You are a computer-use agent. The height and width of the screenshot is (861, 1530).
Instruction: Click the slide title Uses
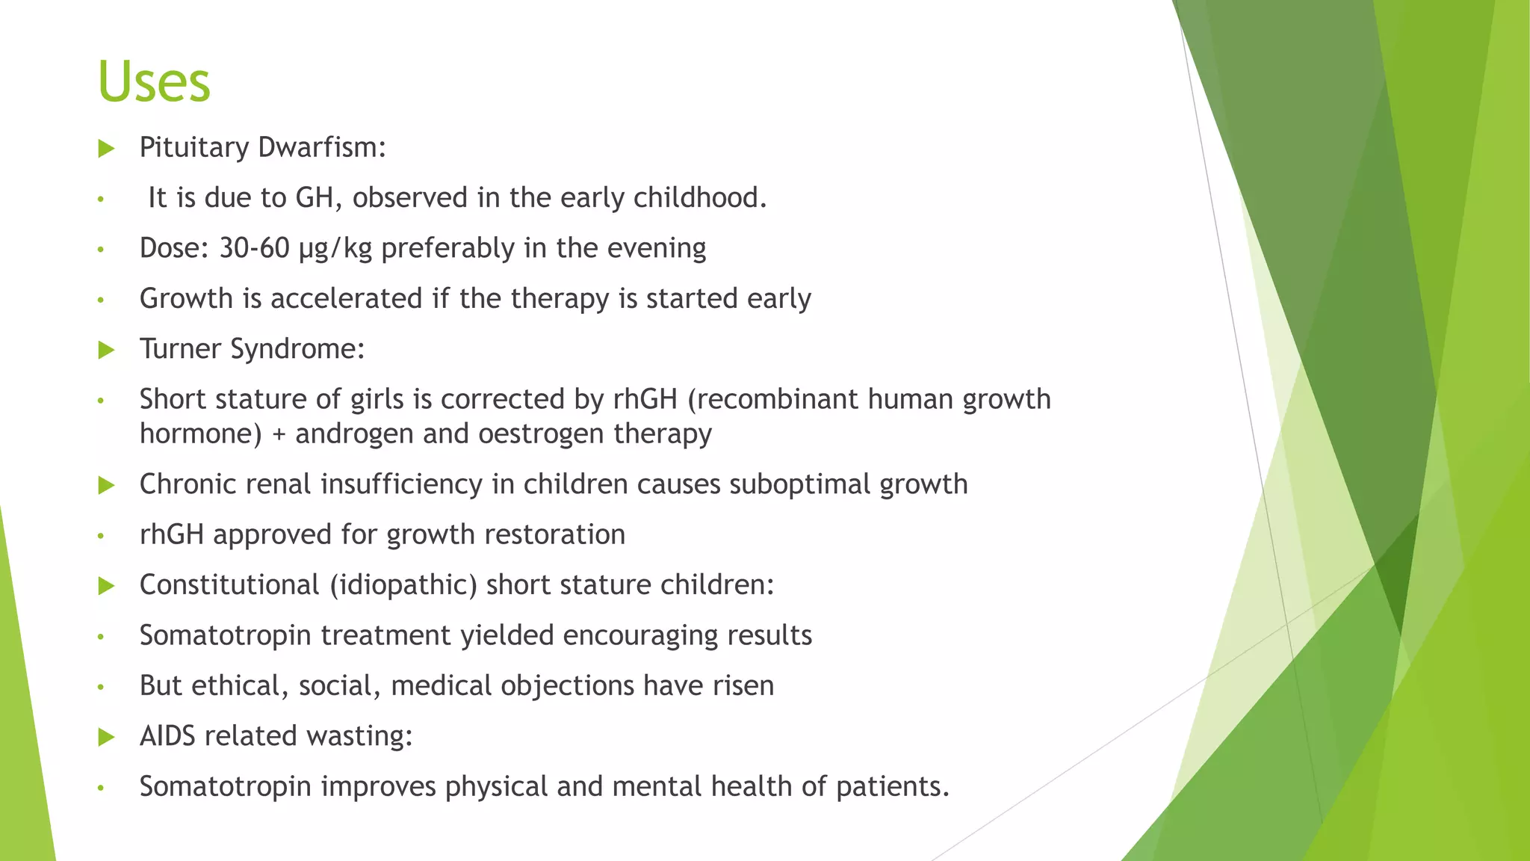(x=154, y=81)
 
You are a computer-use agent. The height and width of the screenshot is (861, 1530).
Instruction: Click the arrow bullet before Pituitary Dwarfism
(x=106, y=148)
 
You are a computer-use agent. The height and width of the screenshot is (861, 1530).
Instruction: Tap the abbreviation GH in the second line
(x=315, y=198)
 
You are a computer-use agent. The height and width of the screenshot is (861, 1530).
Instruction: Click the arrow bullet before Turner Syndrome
(x=106, y=350)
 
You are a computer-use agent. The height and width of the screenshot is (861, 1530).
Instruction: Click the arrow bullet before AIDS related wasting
(x=106, y=738)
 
